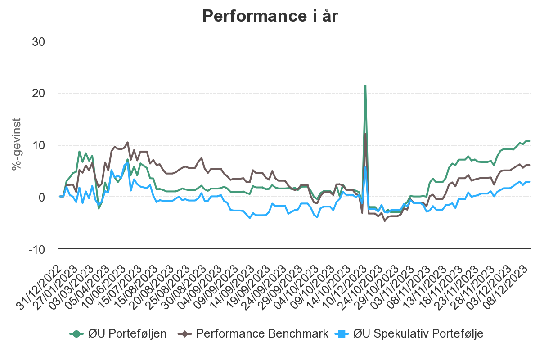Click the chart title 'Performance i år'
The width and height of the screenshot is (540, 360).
click(270, 16)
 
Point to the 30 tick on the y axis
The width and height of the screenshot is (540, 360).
click(39, 41)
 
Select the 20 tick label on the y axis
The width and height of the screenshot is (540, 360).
click(39, 93)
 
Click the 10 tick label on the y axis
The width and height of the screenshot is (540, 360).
click(39, 145)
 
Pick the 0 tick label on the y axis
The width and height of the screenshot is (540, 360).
click(42, 197)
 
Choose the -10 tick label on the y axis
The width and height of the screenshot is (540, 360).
click(36, 249)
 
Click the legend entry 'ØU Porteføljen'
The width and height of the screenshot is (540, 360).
click(127, 333)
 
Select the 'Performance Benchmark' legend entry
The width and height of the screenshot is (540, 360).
click(262, 333)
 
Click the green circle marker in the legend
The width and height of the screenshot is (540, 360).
click(77, 333)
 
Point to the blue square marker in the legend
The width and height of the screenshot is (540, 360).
click(342, 333)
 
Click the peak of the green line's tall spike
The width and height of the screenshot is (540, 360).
click(365, 85)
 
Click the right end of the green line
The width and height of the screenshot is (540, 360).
click(529, 141)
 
